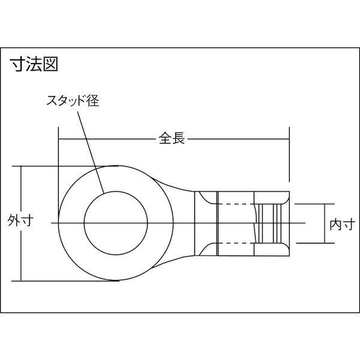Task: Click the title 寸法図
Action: click(34, 65)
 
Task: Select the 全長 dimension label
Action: click(172, 139)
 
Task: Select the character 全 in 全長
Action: click(165, 139)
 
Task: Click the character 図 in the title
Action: click(50, 65)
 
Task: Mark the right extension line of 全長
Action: click(290, 156)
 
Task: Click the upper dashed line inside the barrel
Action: click(237, 205)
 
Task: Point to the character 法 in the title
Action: click(34, 65)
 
